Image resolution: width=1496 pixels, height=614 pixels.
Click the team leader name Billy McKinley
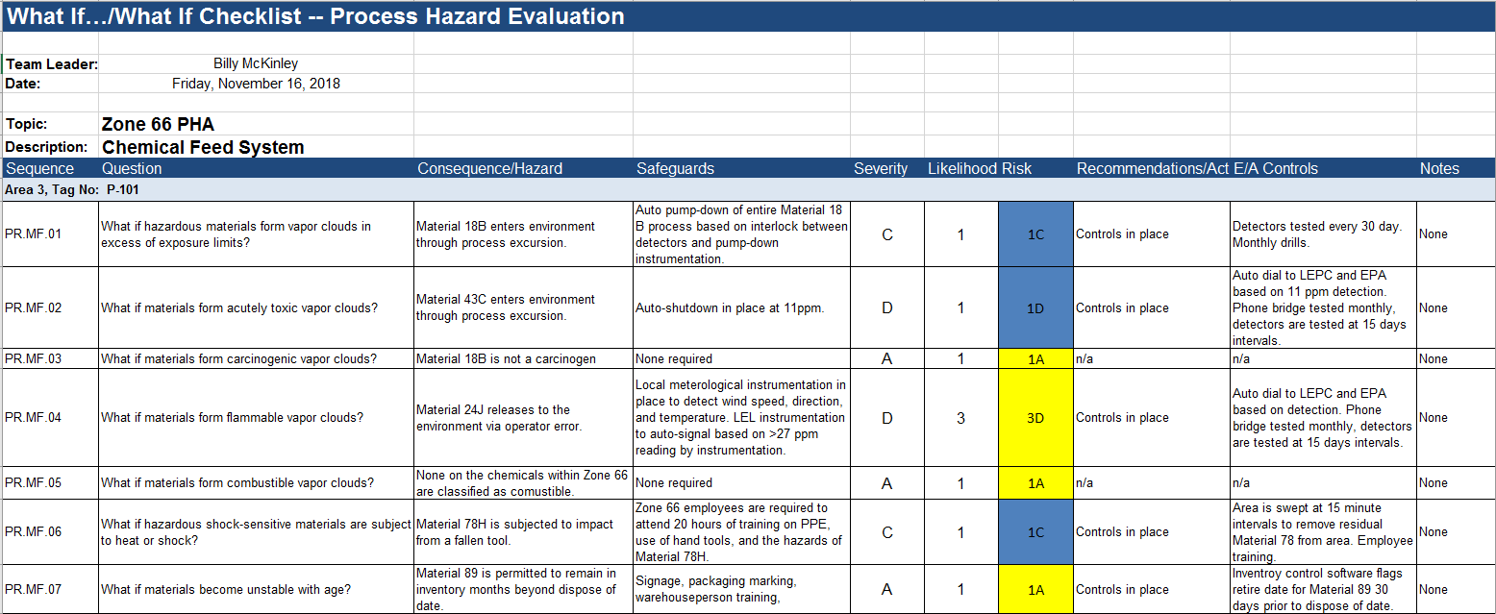(256, 63)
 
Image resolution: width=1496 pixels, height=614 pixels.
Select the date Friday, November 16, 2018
(256, 84)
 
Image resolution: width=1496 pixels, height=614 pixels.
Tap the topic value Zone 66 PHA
(158, 124)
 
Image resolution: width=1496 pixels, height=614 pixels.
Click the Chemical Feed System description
(203, 147)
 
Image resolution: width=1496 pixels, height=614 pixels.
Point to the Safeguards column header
(675, 168)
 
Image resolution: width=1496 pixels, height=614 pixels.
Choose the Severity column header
(881, 168)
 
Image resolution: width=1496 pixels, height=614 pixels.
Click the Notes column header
(1439, 168)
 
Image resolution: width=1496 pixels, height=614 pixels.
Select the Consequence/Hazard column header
(489, 168)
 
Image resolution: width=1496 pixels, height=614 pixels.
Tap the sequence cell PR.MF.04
(34, 417)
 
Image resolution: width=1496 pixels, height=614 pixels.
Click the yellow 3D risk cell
(1035, 418)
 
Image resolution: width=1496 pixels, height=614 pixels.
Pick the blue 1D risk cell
(1035, 308)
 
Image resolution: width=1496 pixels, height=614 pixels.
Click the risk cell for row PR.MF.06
(1035, 532)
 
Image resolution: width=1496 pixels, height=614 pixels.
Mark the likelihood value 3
(961, 418)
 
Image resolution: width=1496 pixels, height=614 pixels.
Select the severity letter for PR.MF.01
(887, 234)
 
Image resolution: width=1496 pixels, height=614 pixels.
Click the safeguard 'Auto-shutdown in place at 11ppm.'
(730, 308)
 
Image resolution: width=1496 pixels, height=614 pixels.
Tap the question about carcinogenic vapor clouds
(239, 359)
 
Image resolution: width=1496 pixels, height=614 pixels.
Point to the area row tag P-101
(123, 189)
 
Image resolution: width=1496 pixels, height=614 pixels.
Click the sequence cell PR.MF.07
(34, 589)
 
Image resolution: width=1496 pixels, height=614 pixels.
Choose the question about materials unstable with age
(226, 589)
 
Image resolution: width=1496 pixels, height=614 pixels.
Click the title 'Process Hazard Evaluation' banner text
(478, 16)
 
